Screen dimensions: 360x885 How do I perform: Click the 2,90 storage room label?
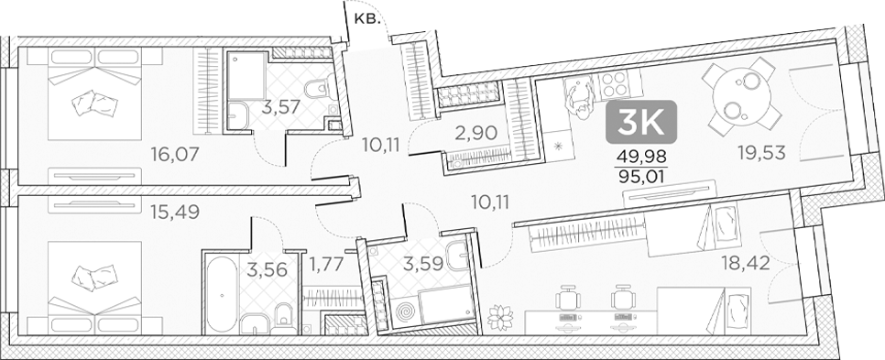[475, 132]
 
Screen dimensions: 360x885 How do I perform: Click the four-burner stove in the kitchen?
[611, 86]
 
